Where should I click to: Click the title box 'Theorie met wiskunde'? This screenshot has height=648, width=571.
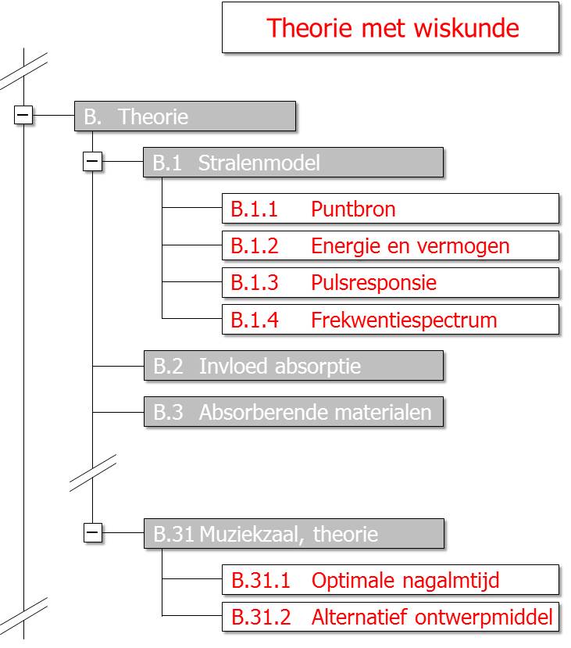(390, 27)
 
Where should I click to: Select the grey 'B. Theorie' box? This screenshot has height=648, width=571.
(185, 116)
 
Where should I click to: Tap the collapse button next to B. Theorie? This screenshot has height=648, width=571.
(23, 114)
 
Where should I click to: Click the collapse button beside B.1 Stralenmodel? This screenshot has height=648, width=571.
(92, 161)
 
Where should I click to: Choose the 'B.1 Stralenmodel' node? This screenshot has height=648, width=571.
(293, 163)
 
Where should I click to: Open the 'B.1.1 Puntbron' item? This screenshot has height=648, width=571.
(390, 208)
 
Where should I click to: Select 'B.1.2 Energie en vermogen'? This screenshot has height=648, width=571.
(390, 245)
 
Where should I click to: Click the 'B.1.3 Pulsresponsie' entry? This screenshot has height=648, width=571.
(390, 282)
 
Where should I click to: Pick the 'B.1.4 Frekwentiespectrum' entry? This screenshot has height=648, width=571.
(390, 320)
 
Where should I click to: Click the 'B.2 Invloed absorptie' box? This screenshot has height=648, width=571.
(294, 366)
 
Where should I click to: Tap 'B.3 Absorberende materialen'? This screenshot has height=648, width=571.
(294, 412)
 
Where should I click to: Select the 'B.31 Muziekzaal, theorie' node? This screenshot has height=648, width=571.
(294, 534)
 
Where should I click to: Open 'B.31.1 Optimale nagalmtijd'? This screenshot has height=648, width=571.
(390, 580)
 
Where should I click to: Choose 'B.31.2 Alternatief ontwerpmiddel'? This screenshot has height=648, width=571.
(390, 617)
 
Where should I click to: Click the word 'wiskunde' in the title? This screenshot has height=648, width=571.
(466, 27)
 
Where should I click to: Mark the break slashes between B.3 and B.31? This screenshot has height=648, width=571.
(92, 473)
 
